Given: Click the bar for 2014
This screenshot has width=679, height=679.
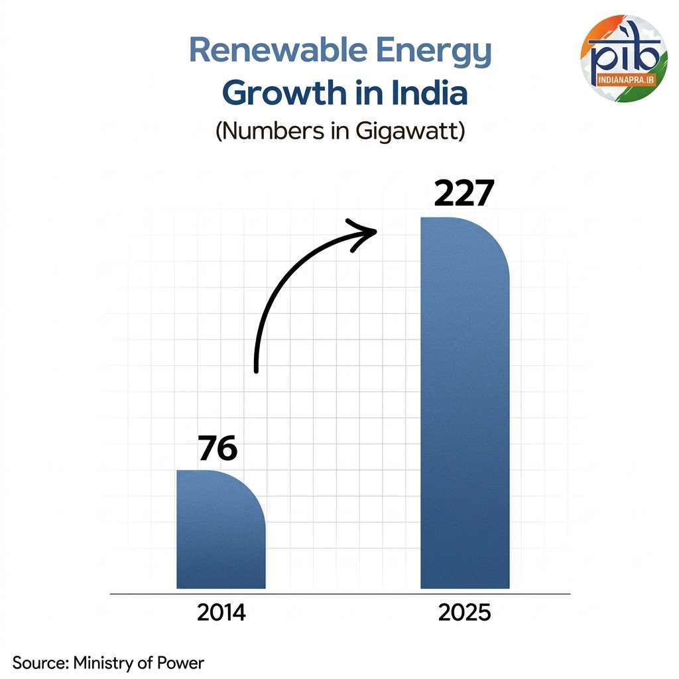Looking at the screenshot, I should [221, 530].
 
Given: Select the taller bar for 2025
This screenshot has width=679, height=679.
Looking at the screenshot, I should [465, 404].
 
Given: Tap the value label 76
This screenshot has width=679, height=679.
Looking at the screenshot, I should [217, 449].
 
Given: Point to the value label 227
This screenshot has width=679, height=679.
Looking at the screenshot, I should [464, 194].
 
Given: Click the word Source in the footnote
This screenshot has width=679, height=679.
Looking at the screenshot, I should [40, 662].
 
